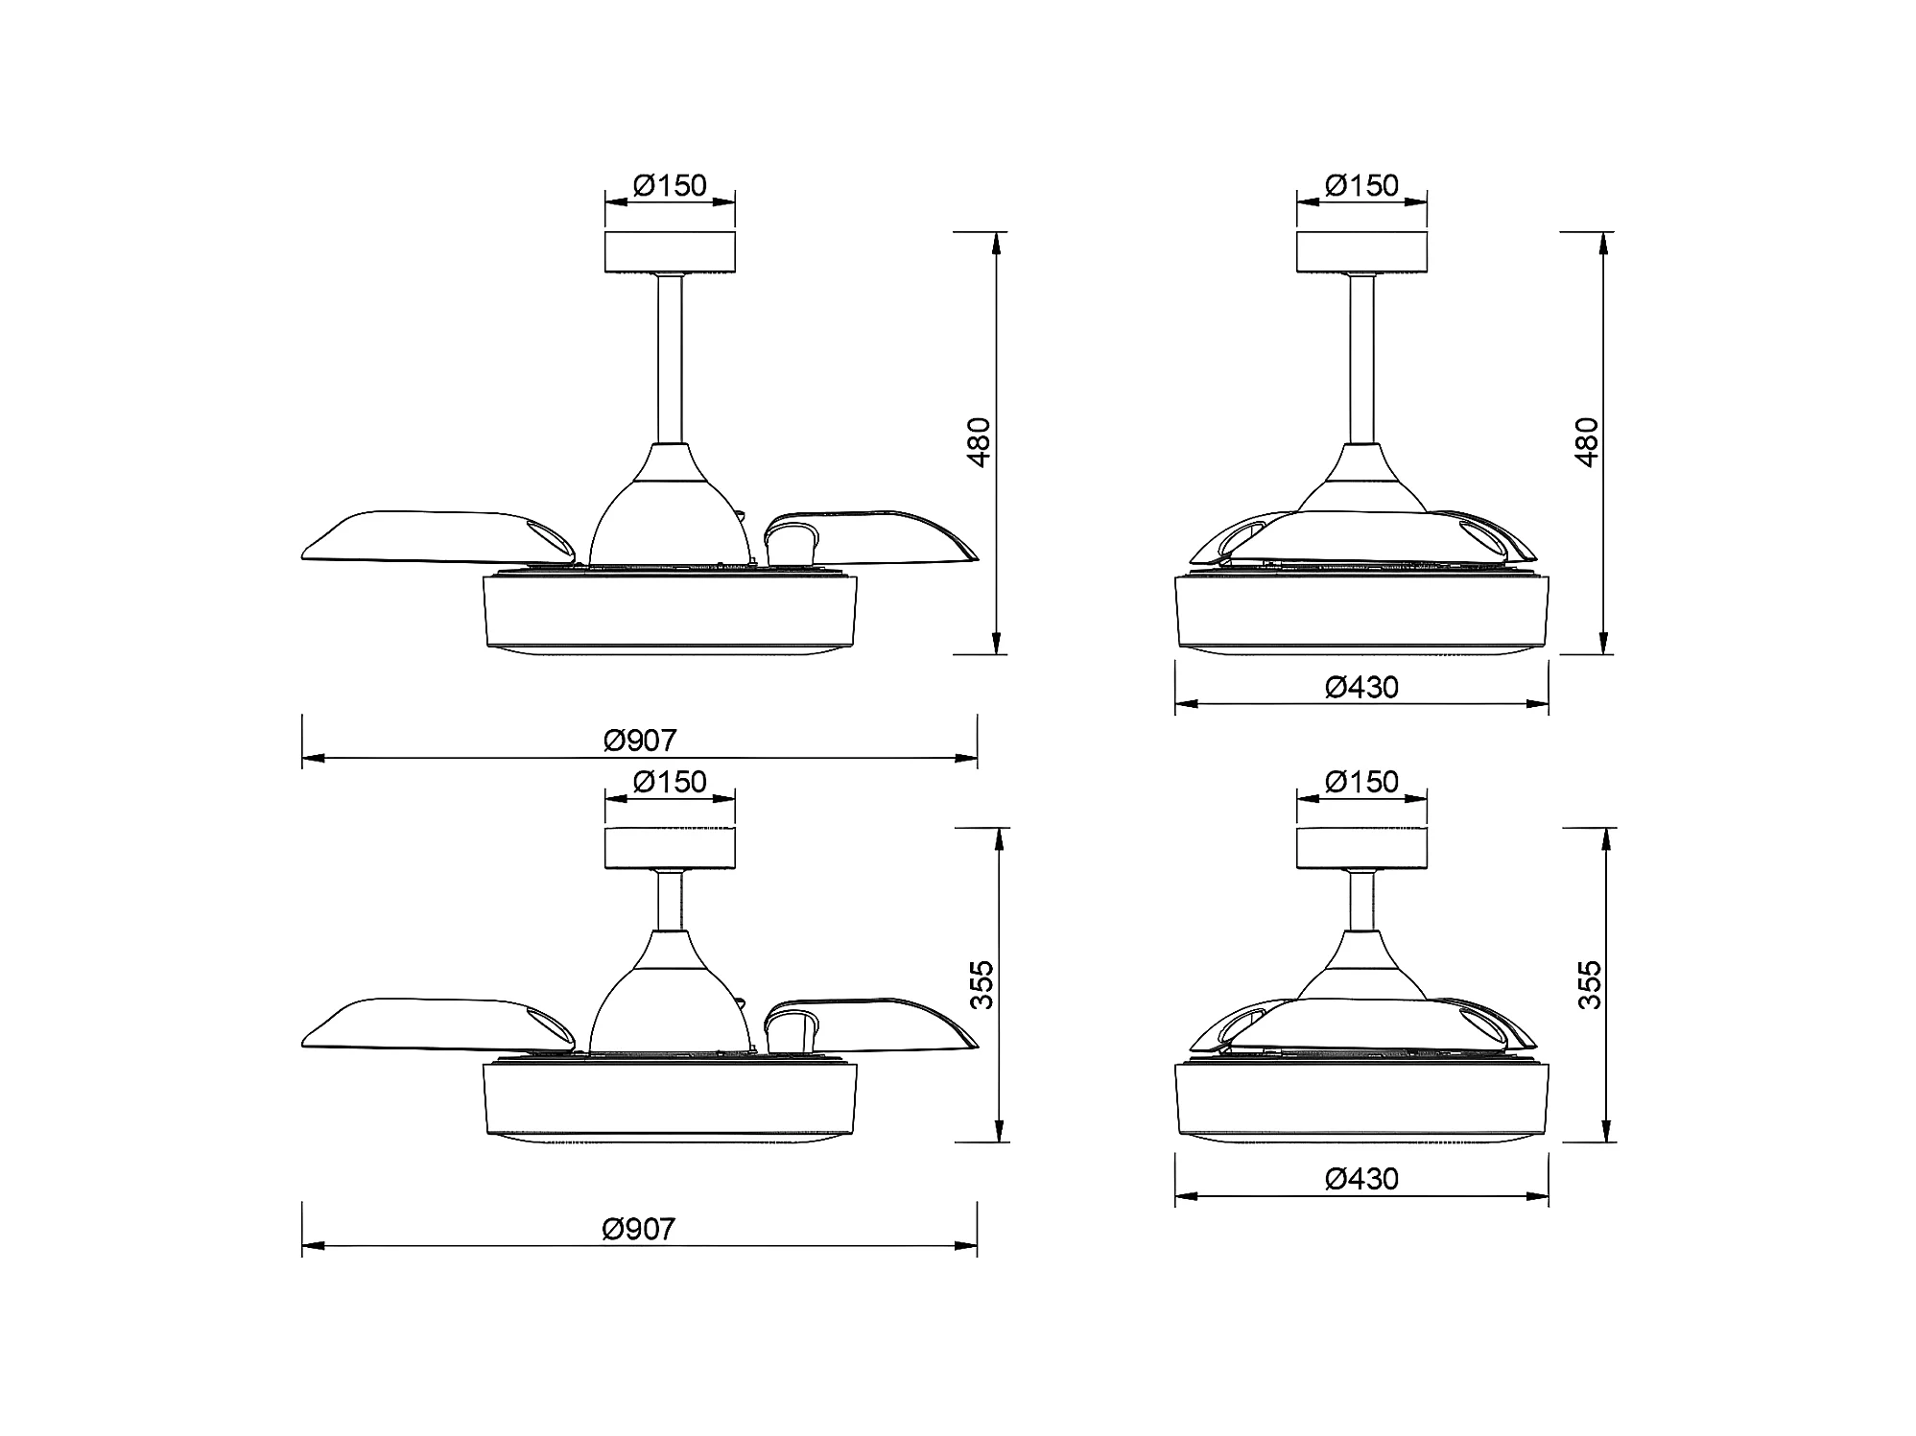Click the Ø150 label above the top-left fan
[670, 185]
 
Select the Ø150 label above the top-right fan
[1361, 185]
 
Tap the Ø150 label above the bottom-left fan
[670, 782]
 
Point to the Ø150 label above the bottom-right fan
[1361, 782]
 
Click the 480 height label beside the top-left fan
[979, 442]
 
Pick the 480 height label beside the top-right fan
[1587, 442]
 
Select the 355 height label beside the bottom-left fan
[982, 984]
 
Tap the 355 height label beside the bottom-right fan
[1590, 984]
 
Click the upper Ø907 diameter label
[640, 741]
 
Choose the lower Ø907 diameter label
[639, 1229]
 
